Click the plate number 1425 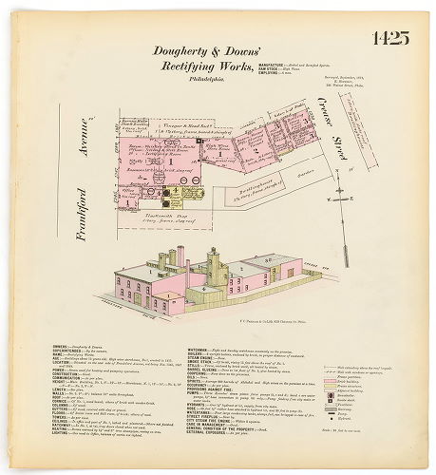(389, 39)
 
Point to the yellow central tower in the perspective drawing (212, 266)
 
